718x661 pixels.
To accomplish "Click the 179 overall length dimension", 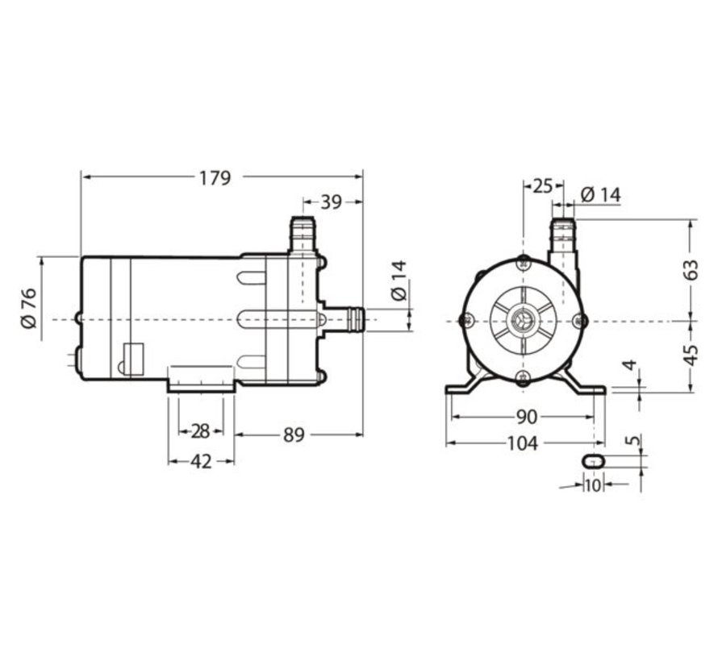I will [215, 177].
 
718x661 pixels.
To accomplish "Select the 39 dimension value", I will [331, 202].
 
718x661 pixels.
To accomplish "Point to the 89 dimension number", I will [294, 435].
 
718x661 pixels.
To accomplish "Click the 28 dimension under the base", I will [200, 432].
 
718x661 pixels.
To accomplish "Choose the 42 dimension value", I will [200, 462].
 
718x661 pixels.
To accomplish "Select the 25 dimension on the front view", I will [542, 186].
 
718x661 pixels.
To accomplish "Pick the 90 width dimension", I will [526, 417].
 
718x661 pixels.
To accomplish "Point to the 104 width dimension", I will [526, 443].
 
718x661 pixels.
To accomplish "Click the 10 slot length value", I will [593, 485].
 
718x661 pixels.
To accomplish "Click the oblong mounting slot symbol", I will [593, 459].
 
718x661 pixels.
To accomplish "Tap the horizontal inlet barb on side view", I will [349, 319].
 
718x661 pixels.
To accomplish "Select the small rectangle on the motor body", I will [133, 356].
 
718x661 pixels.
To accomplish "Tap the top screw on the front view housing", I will [524, 260].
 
